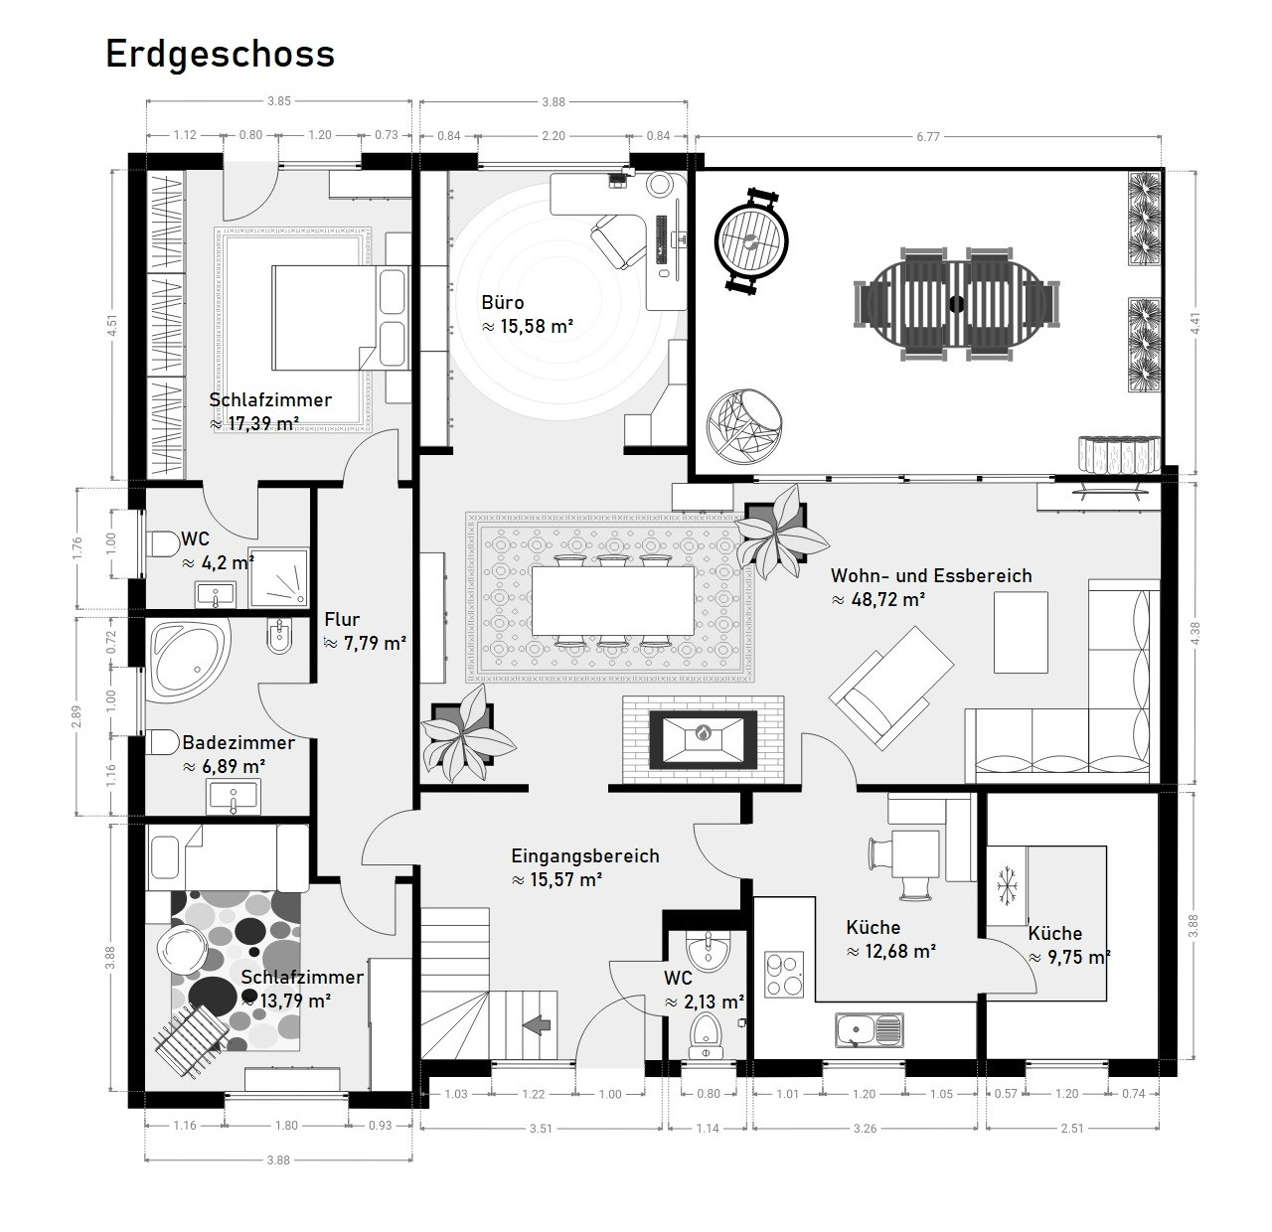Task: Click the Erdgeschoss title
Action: pyautogui.click(x=221, y=55)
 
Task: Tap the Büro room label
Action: pyautogui.click(x=503, y=303)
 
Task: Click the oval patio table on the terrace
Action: pyautogui.click(x=957, y=303)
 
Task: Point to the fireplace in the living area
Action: pyautogui.click(x=703, y=739)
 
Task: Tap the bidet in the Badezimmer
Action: pyautogui.click(x=280, y=635)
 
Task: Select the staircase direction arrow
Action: pyautogui.click(x=538, y=1025)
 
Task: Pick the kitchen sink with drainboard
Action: pyautogui.click(x=870, y=1030)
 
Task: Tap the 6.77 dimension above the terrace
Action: pyautogui.click(x=927, y=136)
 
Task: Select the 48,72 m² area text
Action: pyautogui.click(x=878, y=599)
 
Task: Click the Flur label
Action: pyautogui.click(x=342, y=619)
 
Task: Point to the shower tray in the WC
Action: pyautogui.click(x=279, y=576)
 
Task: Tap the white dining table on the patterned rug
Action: pyautogui.click(x=612, y=600)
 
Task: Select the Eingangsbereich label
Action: pyautogui.click(x=585, y=855)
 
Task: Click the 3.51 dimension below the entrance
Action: pyautogui.click(x=541, y=1128)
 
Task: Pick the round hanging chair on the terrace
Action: pyautogui.click(x=744, y=426)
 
